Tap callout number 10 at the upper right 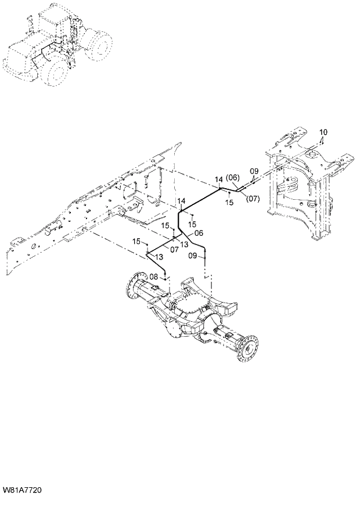point(323,132)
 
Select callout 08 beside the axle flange point(153,277)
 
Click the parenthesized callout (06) point(233,177)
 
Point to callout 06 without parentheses point(199,233)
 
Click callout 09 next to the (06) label point(254,171)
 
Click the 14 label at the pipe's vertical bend point(182,201)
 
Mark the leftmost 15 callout point(136,241)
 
